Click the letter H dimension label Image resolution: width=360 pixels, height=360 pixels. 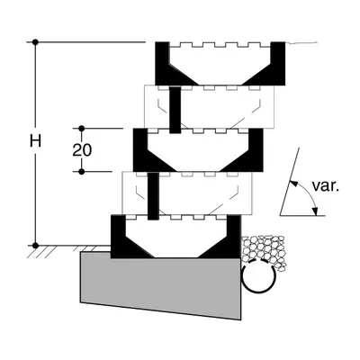(x=35, y=140)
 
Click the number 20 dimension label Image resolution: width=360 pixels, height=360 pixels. (x=82, y=150)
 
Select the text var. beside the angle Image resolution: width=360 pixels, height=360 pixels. (x=326, y=186)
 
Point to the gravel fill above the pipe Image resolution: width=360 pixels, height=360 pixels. (x=264, y=249)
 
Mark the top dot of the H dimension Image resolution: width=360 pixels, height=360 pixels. (x=35, y=42)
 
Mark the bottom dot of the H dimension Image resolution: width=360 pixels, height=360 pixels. (x=35, y=246)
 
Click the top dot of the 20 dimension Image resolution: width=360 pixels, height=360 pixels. (x=82, y=129)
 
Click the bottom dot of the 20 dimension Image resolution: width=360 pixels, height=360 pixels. (x=82, y=172)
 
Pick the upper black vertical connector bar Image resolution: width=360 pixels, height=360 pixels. (x=175, y=110)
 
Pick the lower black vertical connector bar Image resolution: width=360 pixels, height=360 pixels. (x=153, y=196)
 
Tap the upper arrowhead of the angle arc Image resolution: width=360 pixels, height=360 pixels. (x=293, y=184)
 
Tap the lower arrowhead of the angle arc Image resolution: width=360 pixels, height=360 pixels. (x=314, y=211)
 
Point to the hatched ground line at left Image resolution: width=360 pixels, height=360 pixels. (x=68, y=249)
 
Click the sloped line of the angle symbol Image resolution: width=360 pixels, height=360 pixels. (x=290, y=182)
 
